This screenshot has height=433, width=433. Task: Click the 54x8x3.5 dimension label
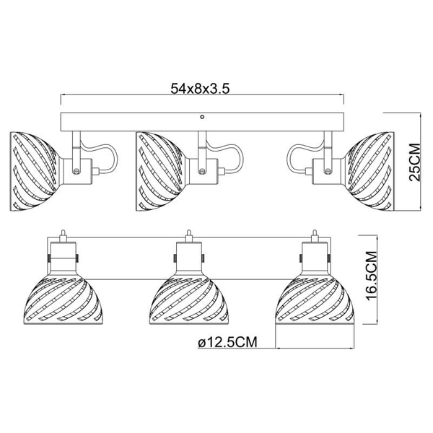pyautogui.click(x=200, y=89)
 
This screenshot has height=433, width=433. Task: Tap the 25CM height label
pyautogui.click(x=414, y=162)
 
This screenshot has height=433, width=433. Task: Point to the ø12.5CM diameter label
pyautogui.click(x=228, y=342)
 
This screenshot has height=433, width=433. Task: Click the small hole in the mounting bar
pyautogui.click(x=202, y=117)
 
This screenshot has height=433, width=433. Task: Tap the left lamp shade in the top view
pyautogui.click(x=34, y=172)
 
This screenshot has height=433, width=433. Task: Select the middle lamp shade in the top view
pyautogui.click(x=160, y=172)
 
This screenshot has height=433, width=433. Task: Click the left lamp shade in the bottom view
pyautogui.click(x=64, y=301)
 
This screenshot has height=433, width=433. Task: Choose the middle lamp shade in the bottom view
pyautogui.click(x=189, y=301)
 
